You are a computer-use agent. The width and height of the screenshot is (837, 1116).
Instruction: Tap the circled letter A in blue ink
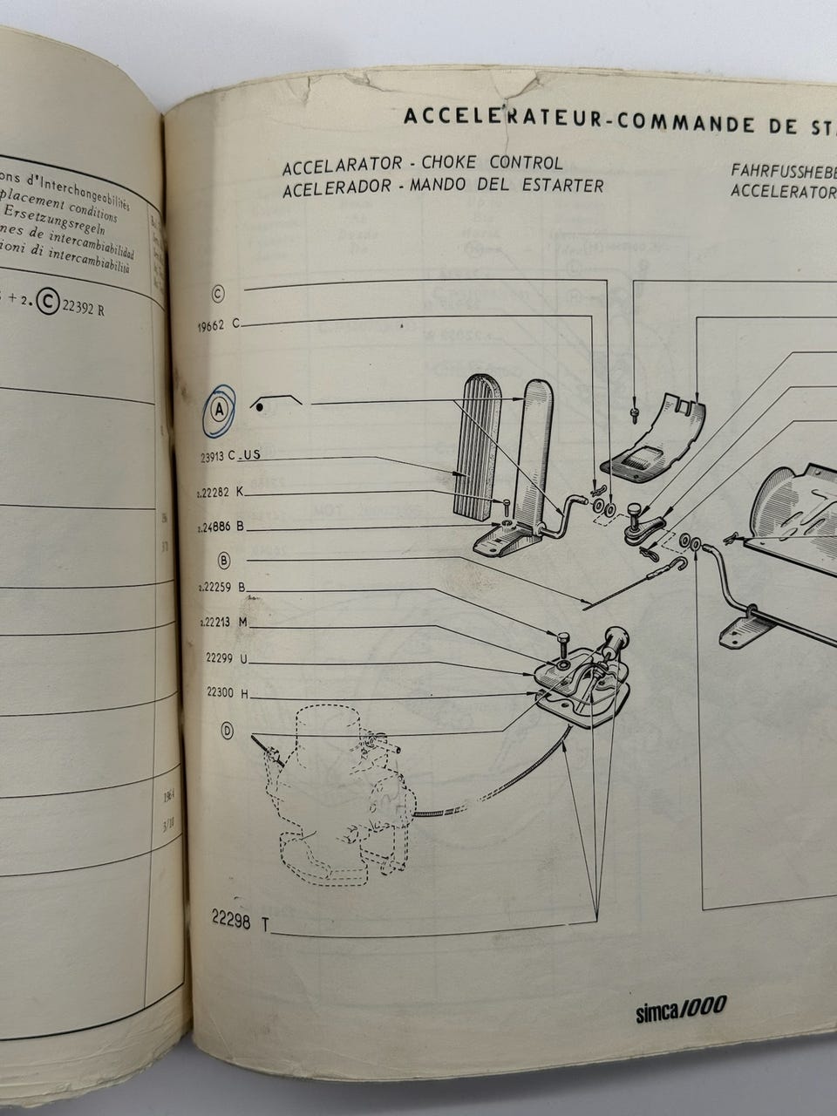point(219,408)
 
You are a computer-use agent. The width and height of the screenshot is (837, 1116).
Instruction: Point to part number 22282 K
point(221,492)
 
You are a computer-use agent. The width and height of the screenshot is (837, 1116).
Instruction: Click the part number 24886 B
point(221,527)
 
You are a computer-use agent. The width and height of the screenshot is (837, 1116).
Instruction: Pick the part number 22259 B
point(221,588)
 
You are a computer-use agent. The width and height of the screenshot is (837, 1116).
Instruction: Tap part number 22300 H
point(227,693)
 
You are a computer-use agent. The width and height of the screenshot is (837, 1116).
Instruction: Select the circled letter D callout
point(228,731)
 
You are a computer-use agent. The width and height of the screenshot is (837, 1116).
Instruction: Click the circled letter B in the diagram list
point(224,560)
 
